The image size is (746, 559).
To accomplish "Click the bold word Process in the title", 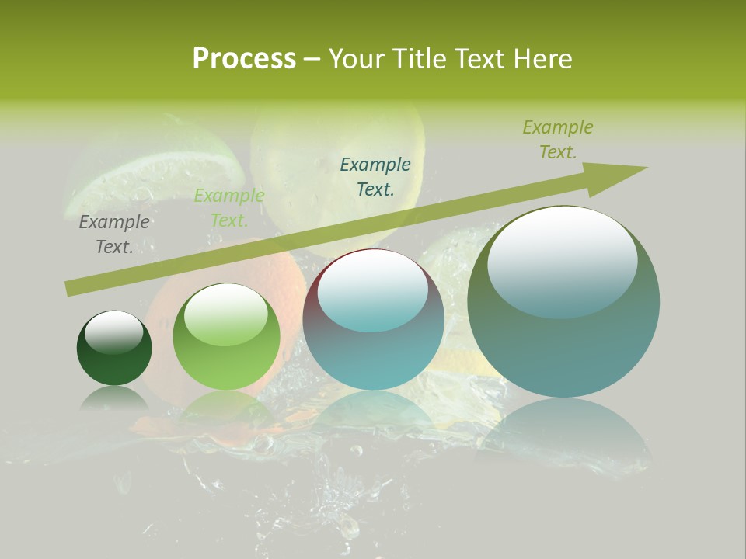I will coord(244,59).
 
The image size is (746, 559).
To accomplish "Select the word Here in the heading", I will coord(543,59).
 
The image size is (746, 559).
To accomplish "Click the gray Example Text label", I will coord(114,234).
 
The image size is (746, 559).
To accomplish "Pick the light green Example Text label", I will coord(229,208).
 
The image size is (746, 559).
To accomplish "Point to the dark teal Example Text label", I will coord(375,176).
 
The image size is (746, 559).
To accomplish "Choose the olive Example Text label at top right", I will coord(558,140).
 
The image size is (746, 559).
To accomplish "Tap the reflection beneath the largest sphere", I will coord(563,435).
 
